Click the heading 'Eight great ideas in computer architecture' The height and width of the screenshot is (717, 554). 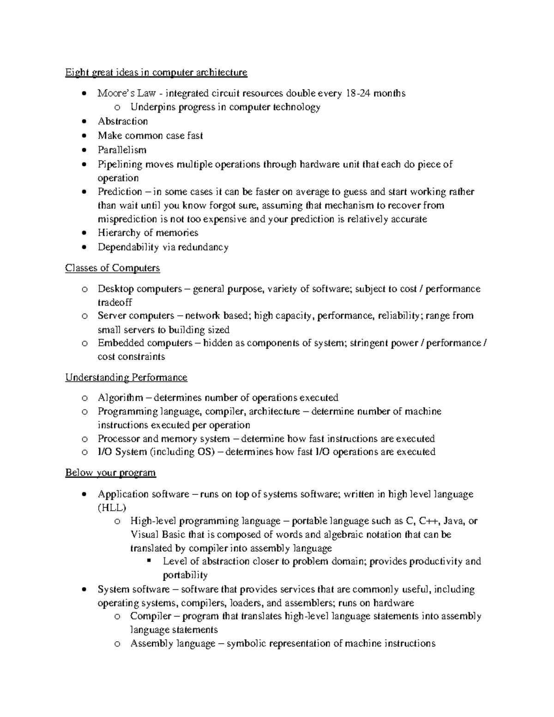[156, 72]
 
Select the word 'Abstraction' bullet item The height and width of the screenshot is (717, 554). [123, 121]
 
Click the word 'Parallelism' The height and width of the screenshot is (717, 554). [122, 150]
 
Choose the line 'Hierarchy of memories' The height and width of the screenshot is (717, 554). [148, 233]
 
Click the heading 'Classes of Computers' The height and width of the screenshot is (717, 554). [112, 268]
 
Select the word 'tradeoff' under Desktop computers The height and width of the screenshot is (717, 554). [114, 302]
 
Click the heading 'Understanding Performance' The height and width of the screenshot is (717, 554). [126, 378]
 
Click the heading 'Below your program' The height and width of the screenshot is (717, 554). [110, 473]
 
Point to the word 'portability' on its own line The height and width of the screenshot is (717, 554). [185, 576]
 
